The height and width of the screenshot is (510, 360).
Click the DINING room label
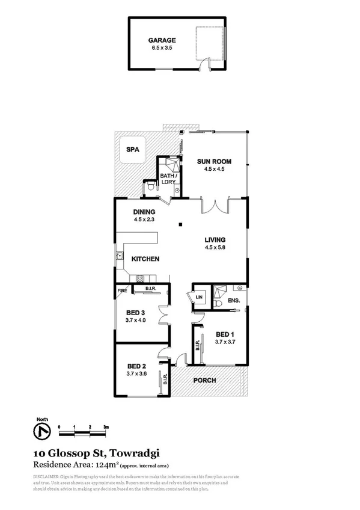[x=144, y=212]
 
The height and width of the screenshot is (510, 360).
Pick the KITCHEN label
[x=145, y=259]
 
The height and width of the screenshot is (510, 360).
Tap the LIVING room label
[x=215, y=239]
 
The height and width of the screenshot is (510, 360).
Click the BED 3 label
[x=136, y=313]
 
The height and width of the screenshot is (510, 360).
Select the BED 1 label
[x=225, y=334]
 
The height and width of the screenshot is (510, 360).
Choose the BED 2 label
[x=136, y=366]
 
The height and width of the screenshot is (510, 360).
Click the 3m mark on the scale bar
[x=106, y=426]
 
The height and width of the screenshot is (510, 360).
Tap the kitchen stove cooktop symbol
[x=141, y=278]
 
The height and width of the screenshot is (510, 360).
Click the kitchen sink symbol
[x=120, y=259]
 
